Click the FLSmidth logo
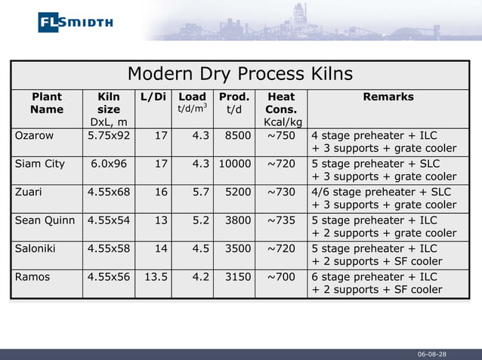click(x=75, y=22)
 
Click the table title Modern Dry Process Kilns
click(x=239, y=74)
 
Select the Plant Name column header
click(x=46, y=103)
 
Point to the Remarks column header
click(x=388, y=97)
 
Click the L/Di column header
click(x=153, y=97)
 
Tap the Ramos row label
click(x=32, y=277)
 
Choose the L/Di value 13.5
click(x=156, y=277)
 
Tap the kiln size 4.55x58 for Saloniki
click(x=109, y=248)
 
